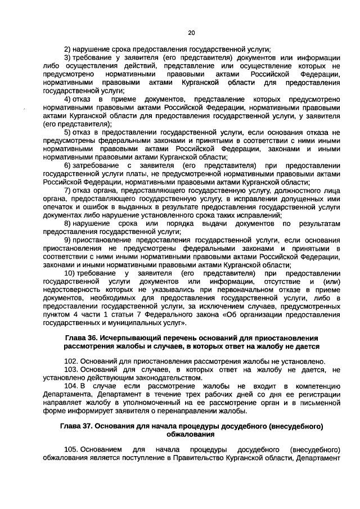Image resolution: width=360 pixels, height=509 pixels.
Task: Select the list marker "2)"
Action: [67, 49]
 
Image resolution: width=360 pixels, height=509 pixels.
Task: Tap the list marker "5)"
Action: [67, 132]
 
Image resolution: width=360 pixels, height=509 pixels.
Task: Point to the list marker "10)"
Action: [70, 273]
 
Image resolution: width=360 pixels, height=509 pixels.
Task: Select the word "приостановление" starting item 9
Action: [104, 240]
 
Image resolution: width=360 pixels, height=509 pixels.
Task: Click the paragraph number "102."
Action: [70, 361]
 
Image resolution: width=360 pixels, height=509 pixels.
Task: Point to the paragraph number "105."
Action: [70, 450]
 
